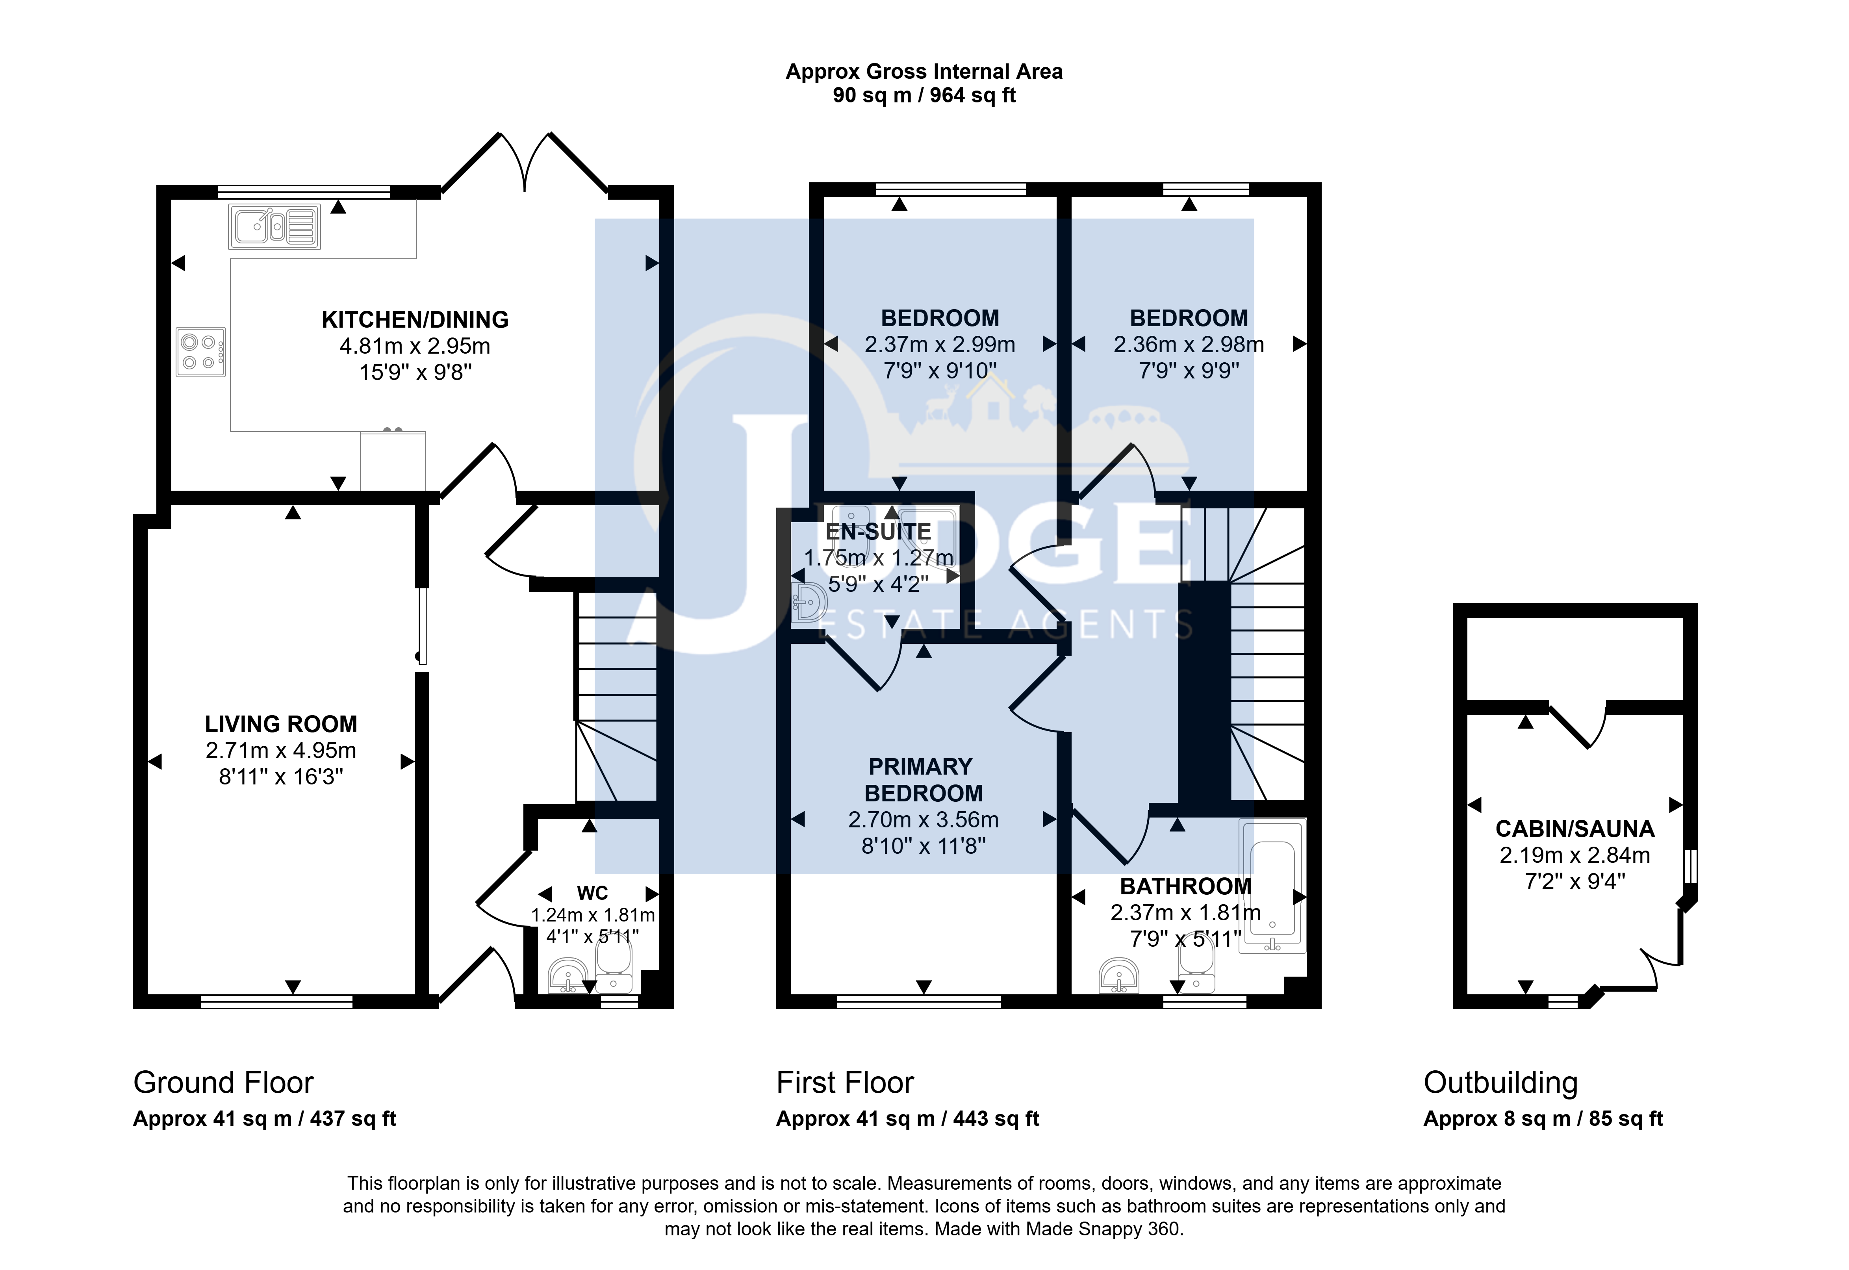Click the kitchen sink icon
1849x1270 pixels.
pos(274,227)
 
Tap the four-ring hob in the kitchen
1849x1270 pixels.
pos(200,352)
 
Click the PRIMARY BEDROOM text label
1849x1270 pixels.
pos(923,780)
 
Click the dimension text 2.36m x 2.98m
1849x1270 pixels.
pos(1189,345)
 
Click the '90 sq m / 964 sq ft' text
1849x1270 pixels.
pos(925,95)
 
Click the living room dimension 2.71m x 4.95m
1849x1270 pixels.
pos(281,750)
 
